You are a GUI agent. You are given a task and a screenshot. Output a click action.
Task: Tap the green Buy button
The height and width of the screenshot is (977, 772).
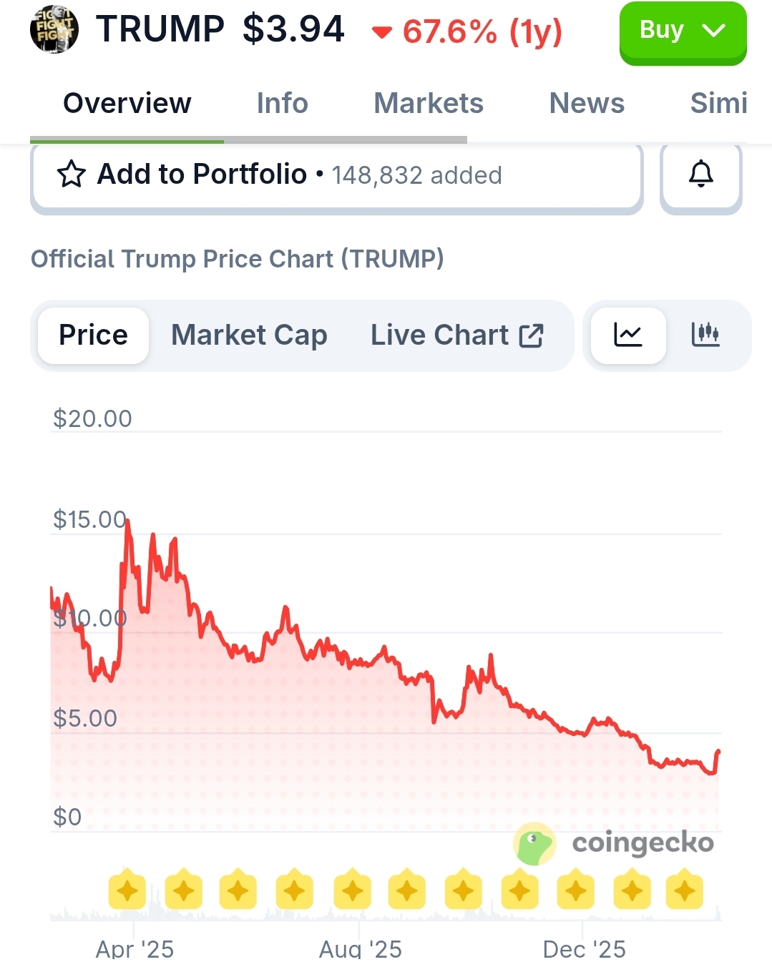click(x=682, y=32)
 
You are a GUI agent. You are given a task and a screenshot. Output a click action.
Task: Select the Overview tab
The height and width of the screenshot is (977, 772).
click(x=127, y=104)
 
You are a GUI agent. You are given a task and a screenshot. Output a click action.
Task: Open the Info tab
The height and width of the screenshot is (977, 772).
click(x=282, y=104)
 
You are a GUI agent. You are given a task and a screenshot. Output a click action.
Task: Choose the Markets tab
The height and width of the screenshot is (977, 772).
click(x=428, y=104)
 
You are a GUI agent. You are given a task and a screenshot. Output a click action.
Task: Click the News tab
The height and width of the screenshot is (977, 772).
click(x=586, y=104)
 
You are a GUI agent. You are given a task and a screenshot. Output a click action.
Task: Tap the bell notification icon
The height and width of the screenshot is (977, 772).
click(x=700, y=175)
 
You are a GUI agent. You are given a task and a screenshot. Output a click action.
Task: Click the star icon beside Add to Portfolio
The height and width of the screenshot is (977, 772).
click(x=71, y=175)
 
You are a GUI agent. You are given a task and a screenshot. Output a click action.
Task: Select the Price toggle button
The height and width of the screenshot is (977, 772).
click(x=93, y=335)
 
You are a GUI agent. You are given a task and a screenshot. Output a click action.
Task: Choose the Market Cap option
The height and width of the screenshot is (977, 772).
click(x=249, y=335)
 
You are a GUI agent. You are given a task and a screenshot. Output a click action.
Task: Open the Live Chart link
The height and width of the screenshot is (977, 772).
click(x=456, y=335)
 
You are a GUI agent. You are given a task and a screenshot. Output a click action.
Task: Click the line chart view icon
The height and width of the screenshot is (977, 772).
click(x=628, y=335)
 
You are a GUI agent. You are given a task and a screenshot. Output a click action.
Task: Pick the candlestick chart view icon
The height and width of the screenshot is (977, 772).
click(x=705, y=335)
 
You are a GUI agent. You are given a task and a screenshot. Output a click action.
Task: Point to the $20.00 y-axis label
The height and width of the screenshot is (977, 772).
click(x=92, y=418)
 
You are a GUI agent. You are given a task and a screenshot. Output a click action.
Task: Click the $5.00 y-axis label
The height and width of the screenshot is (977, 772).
click(x=85, y=718)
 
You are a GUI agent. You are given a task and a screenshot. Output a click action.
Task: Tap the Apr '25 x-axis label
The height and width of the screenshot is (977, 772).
click(x=135, y=949)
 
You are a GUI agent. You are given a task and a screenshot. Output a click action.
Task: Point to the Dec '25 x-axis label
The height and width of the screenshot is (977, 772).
click(x=584, y=949)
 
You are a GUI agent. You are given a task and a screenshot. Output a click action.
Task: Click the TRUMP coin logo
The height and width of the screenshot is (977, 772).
click(x=54, y=30)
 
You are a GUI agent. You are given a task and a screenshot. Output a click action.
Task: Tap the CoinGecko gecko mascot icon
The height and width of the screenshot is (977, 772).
click(x=534, y=844)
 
